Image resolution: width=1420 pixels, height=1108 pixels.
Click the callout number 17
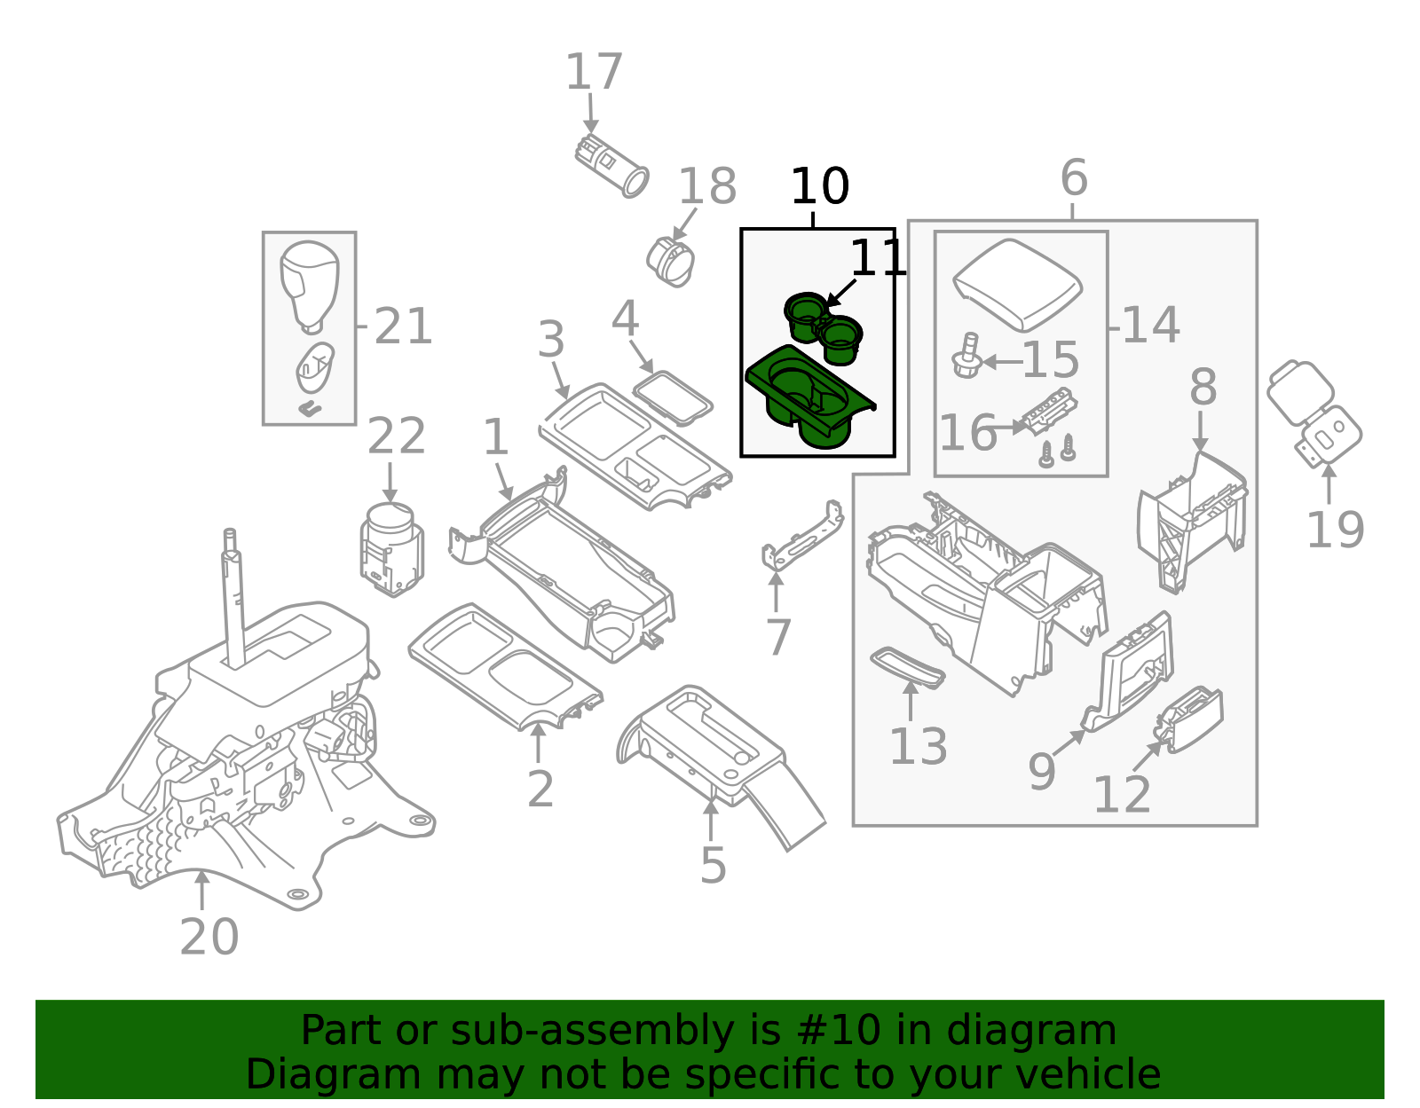[594, 73]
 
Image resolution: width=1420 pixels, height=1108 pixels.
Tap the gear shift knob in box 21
[309, 283]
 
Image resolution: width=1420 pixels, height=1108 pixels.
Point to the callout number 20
[209, 937]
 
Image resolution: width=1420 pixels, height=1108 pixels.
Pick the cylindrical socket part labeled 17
[611, 166]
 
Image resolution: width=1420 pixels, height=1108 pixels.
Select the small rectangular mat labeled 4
[673, 397]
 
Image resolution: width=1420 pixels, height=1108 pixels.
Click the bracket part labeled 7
[802, 536]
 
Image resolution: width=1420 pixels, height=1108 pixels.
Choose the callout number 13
[918, 747]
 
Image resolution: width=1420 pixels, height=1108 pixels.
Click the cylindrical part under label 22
[391, 548]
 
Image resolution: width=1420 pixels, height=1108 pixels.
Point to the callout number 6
[1073, 178]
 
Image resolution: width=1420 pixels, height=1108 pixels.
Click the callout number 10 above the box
[819, 187]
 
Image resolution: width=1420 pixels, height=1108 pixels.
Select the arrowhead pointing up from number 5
[711, 805]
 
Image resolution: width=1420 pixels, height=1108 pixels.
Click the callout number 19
[1334, 530]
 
